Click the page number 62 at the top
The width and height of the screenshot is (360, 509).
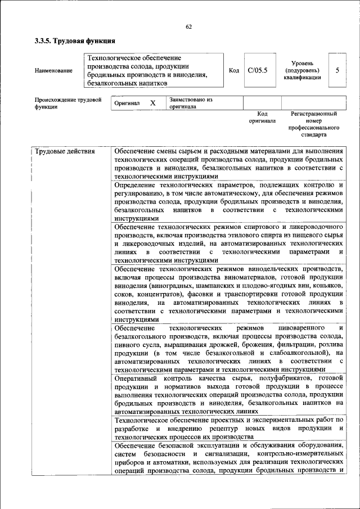tap(188, 27)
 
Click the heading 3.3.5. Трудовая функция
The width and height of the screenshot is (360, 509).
tap(75, 41)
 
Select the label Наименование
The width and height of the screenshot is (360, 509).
tap(53, 70)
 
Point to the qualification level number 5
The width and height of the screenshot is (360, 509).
tap(337, 70)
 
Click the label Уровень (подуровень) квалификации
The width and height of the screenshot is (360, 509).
tap(302, 70)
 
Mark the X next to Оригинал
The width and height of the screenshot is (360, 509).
tap(152, 103)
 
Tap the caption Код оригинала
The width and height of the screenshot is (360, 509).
tap(262, 117)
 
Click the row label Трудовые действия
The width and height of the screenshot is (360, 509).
tap(65, 151)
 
